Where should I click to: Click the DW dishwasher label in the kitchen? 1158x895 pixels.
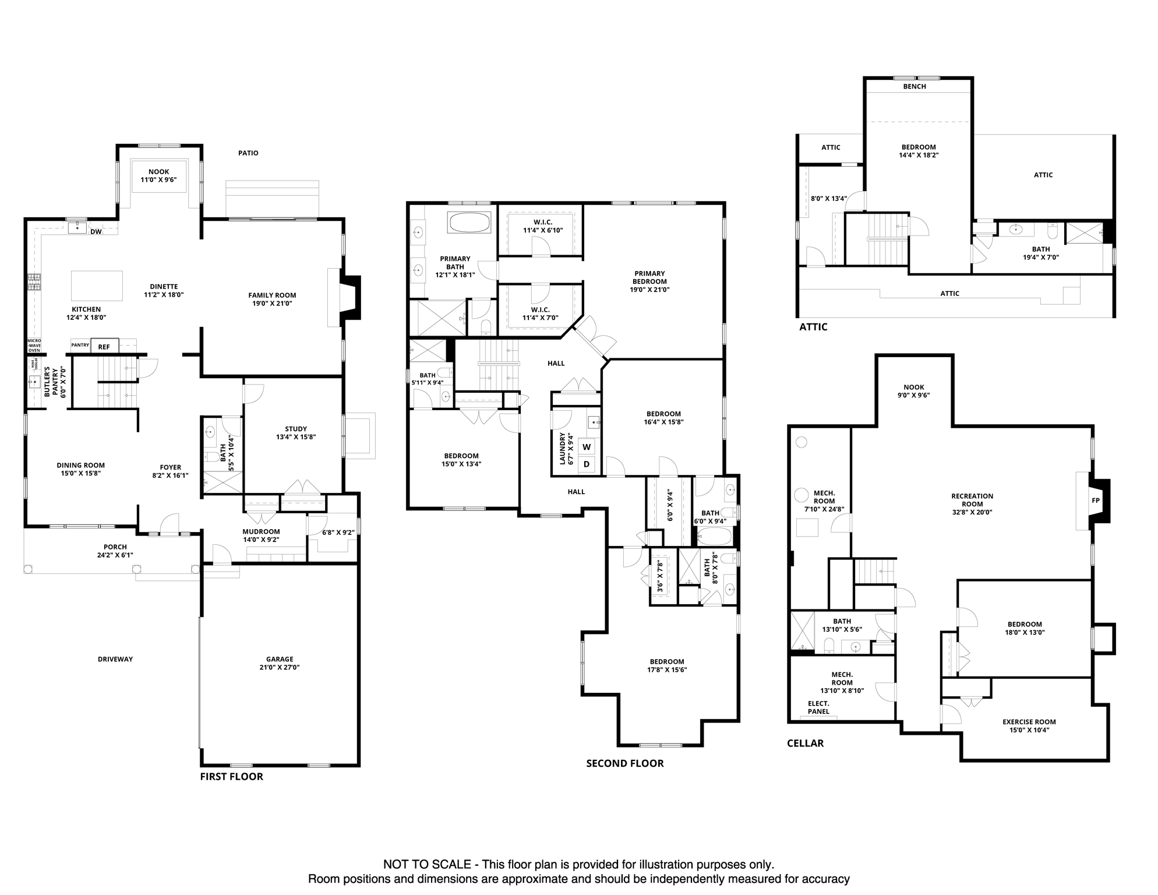(x=96, y=232)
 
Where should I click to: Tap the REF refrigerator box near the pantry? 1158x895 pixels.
(x=104, y=347)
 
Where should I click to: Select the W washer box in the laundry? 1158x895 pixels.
(x=587, y=447)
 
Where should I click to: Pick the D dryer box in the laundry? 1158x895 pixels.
(x=587, y=464)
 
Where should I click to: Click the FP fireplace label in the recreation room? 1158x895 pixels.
(x=1095, y=501)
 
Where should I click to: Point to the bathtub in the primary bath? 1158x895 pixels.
(x=469, y=223)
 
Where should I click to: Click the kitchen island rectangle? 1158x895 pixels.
(x=97, y=286)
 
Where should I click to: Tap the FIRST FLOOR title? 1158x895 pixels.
(x=231, y=777)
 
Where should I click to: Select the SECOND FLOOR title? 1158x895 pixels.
(x=624, y=763)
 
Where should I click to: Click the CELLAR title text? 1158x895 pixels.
(x=805, y=743)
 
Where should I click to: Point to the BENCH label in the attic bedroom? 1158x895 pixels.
(x=914, y=86)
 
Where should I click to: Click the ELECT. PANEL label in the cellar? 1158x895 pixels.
(x=818, y=707)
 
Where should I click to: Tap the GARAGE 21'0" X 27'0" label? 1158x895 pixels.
(x=280, y=664)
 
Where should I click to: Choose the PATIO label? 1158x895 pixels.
(x=248, y=153)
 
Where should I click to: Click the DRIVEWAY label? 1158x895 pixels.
(x=115, y=659)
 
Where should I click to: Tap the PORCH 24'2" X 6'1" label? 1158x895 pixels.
(x=115, y=551)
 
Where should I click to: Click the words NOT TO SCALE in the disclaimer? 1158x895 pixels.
(x=426, y=865)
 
